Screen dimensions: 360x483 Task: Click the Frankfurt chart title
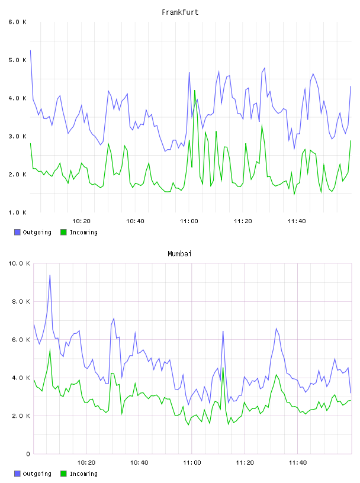click(x=180, y=12)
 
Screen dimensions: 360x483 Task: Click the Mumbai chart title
click(x=179, y=253)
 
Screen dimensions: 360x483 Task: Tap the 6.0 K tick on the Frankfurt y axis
click(x=17, y=22)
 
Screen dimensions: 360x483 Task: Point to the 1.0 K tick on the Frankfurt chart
click(x=17, y=212)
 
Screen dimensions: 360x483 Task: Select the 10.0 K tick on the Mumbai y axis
click(x=19, y=263)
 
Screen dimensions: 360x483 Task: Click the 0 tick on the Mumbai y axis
click(x=28, y=454)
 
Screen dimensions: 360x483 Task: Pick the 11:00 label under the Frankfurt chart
click(x=189, y=221)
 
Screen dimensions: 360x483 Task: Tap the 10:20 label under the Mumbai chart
click(x=86, y=462)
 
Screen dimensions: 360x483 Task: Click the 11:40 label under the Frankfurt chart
click(x=297, y=221)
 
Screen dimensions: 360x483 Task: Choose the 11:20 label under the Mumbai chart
click(x=245, y=462)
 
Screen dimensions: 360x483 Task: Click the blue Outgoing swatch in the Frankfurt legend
click(x=17, y=232)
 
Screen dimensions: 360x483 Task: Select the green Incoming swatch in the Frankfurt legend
click(x=63, y=232)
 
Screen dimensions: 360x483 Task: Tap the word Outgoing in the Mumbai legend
click(x=37, y=474)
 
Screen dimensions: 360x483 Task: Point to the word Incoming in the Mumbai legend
click(x=83, y=474)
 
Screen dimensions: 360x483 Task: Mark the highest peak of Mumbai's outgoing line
click(x=50, y=275)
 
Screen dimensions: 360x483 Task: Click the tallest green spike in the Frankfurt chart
click(x=194, y=90)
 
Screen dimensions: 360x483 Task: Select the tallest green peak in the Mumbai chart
click(x=50, y=350)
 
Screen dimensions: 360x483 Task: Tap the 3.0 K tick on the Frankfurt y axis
click(x=17, y=136)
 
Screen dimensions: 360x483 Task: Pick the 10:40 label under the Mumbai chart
click(x=139, y=462)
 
